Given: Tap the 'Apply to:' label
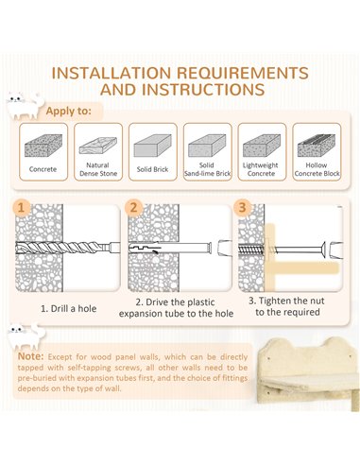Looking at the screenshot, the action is click(x=68, y=111).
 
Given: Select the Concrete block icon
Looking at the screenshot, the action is click(x=43, y=146).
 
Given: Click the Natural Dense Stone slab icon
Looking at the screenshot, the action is click(x=98, y=146).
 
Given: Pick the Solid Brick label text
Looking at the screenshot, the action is click(x=152, y=169).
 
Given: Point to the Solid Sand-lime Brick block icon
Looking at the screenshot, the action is click(x=207, y=146).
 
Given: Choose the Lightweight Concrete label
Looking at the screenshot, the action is click(x=261, y=169).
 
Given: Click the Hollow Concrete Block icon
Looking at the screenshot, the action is click(x=317, y=146).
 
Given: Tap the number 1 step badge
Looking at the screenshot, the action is click(x=22, y=208).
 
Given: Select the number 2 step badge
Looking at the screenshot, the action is click(x=133, y=208).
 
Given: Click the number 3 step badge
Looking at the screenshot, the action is click(x=242, y=207).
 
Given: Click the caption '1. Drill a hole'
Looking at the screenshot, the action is click(x=68, y=308).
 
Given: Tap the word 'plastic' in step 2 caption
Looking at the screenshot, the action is click(x=198, y=302).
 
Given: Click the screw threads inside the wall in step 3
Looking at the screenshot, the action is click(x=251, y=250).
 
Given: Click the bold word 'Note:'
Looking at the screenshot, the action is click(x=30, y=356).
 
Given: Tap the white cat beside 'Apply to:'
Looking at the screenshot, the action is click(x=26, y=105).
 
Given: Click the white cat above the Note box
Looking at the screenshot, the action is click(x=26, y=336).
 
